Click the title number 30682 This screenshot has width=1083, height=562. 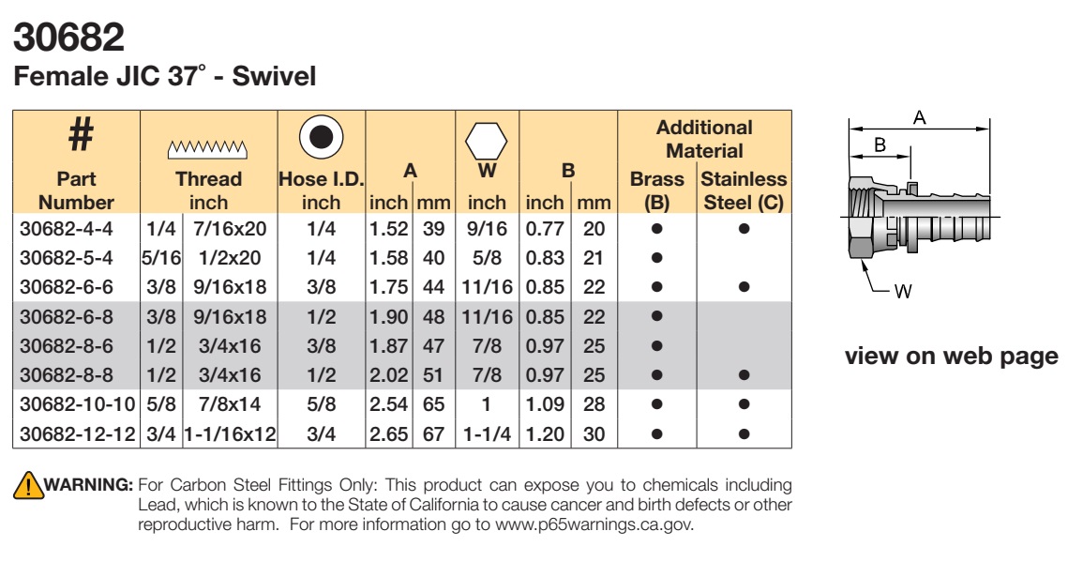pos(69,38)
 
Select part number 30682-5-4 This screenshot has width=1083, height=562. pos(67,258)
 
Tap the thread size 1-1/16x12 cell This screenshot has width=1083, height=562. pos(230,434)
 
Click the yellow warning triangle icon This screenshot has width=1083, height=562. pos(28,485)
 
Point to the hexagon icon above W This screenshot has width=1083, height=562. pos(487,141)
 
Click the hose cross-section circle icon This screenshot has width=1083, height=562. pos(322,136)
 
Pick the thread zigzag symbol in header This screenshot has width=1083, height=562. pos(208,149)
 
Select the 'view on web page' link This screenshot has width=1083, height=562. pos(951,356)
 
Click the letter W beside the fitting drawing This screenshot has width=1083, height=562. pos(903,292)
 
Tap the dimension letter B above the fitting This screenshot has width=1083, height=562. pos(880,144)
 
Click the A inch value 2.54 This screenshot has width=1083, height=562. pos(389,404)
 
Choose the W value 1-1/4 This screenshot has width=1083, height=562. pos(487,434)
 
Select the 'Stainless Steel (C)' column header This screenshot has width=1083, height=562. pos(744,190)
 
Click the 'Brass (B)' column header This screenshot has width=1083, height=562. pos(657,190)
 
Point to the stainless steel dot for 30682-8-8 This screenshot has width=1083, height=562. pos(744,375)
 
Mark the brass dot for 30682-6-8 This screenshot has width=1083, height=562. pos(657,316)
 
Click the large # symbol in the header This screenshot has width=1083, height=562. pos(81,134)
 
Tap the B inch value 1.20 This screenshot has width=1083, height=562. pos(545,434)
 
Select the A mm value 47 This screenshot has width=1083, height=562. pos(434,345)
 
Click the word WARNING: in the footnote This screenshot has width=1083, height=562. pos(88,484)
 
